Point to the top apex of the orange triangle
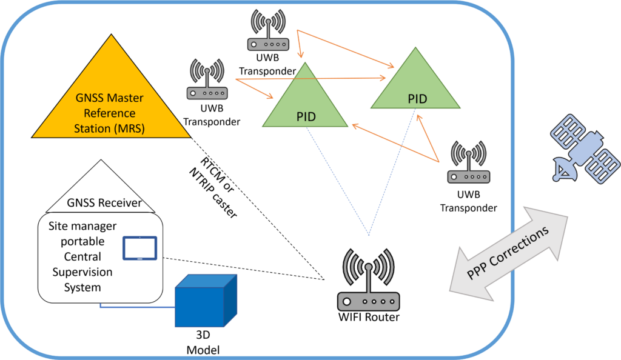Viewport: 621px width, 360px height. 111,36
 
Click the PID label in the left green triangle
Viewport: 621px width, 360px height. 306,117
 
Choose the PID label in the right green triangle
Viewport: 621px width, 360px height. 417,99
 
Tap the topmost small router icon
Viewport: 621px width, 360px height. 268,32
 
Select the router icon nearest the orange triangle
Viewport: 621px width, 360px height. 207,80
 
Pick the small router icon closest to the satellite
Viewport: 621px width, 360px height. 468,163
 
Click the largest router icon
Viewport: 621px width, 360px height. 368,282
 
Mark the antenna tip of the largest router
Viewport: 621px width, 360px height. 368,266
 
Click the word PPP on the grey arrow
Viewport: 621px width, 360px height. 478,272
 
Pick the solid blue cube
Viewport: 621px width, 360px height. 205,301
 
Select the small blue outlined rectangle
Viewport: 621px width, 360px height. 140,248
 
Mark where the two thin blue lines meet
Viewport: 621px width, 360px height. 368,235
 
